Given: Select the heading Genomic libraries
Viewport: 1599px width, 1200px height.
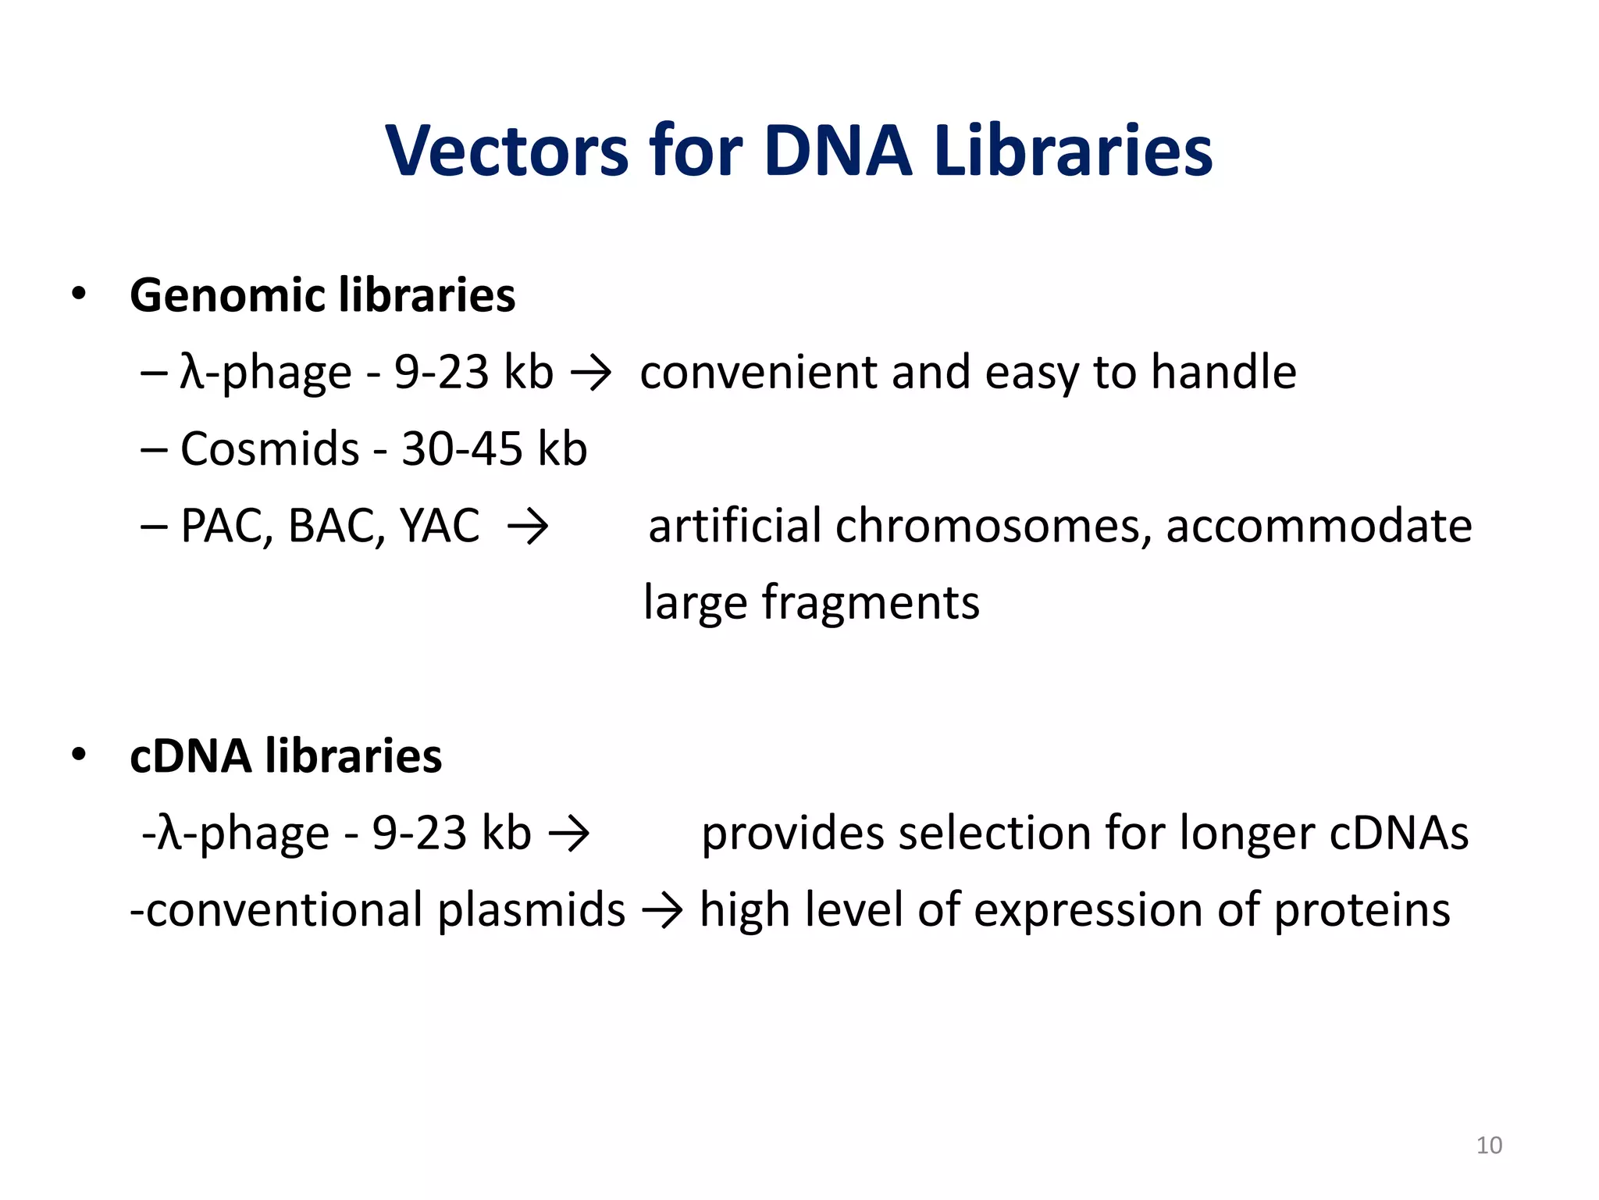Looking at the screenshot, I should coord(322,295).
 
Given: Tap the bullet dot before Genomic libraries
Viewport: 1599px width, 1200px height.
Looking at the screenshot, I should coord(78,295).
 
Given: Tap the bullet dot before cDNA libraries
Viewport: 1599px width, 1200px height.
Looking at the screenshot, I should coord(78,755).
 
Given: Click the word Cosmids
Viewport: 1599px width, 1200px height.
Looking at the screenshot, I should coord(269,449).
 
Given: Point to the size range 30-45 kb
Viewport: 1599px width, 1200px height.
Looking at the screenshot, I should coord(493,449).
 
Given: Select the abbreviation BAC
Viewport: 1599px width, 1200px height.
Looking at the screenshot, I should coord(337,526).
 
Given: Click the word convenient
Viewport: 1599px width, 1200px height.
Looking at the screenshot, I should coord(758,372).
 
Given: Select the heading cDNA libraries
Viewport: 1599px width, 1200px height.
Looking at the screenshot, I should coord(286,756).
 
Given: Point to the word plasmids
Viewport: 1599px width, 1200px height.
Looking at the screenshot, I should coord(531,911).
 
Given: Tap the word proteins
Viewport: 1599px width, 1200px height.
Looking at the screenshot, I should coord(1362,911).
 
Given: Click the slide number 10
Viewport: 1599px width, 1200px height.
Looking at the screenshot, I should coord(1489,1145).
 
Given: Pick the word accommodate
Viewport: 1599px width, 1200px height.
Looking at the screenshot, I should coord(1319,526).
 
